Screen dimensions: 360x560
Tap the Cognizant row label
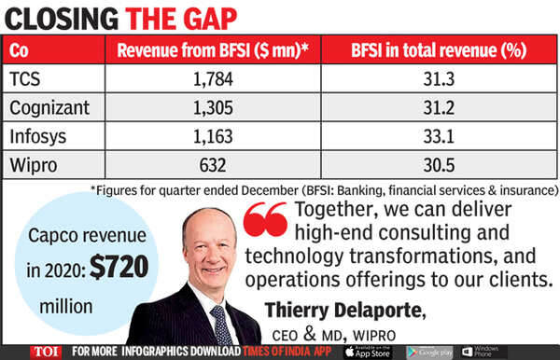coord(51,107)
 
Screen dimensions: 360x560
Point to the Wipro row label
coord(36,165)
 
